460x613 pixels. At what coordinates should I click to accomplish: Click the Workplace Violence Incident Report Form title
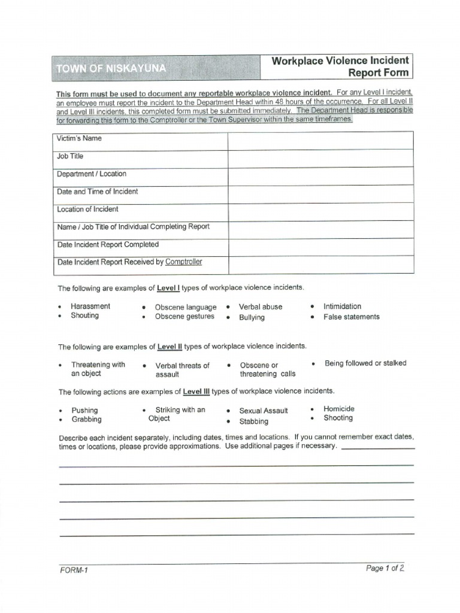tap(341, 66)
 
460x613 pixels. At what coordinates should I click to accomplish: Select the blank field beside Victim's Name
tap(320, 141)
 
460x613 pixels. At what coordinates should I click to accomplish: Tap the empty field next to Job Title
tap(320, 158)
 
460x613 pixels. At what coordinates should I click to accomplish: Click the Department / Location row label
tap(92, 174)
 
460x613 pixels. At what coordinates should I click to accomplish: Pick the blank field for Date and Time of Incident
tap(320, 193)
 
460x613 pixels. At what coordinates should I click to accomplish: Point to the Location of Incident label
tap(87, 210)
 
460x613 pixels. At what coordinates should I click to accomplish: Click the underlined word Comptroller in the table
tap(184, 262)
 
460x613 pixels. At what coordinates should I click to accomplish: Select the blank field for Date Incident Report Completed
tap(320, 247)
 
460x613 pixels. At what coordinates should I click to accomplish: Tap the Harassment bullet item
tap(90, 306)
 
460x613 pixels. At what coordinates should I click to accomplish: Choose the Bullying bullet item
tap(252, 317)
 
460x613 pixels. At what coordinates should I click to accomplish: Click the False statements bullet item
tap(351, 317)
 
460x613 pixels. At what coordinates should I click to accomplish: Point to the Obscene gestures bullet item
tap(184, 317)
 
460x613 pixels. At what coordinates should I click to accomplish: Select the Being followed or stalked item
tap(365, 363)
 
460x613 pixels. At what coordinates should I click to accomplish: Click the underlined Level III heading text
tap(196, 392)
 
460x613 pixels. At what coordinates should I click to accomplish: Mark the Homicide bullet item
tap(339, 409)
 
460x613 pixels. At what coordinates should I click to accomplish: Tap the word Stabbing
tap(254, 421)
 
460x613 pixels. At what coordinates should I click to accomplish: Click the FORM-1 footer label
tap(74, 570)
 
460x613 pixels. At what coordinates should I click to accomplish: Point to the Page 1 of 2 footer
tap(385, 569)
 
